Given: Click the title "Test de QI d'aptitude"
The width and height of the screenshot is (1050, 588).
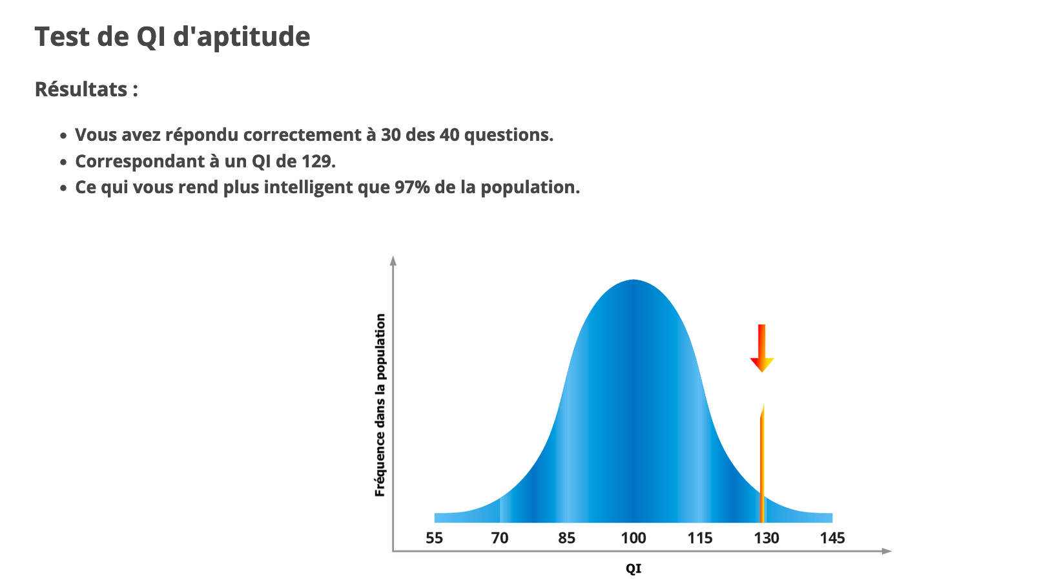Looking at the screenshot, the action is [x=172, y=37].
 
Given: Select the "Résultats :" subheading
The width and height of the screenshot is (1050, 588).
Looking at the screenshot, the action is [x=87, y=89].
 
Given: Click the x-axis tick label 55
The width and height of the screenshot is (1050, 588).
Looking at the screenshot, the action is [x=434, y=538].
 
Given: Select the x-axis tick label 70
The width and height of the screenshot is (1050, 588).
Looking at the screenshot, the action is [x=500, y=538].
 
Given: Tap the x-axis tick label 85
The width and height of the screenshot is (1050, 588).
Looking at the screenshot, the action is [x=567, y=538].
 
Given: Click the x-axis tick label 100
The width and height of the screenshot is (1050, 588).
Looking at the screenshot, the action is [x=633, y=538].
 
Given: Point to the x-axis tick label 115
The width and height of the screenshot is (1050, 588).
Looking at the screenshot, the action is [x=700, y=538].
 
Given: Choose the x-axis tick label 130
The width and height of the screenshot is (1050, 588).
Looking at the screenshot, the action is [x=767, y=538].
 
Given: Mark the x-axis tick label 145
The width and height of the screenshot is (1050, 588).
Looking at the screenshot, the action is [x=832, y=538].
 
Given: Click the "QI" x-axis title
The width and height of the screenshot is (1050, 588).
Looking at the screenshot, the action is [x=633, y=569].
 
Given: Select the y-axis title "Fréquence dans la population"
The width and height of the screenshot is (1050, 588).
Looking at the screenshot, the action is [x=380, y=405].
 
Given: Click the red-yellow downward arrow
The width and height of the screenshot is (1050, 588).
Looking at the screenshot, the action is [x=762, y=348].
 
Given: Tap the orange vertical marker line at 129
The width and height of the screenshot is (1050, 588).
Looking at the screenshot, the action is [x=762, y=463].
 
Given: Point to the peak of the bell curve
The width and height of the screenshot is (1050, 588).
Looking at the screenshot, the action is [x=633, y=280].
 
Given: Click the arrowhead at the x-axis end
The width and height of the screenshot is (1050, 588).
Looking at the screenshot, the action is [x=887, y=551].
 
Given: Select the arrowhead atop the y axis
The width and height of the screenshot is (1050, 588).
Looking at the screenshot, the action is [x=393, y=260].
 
